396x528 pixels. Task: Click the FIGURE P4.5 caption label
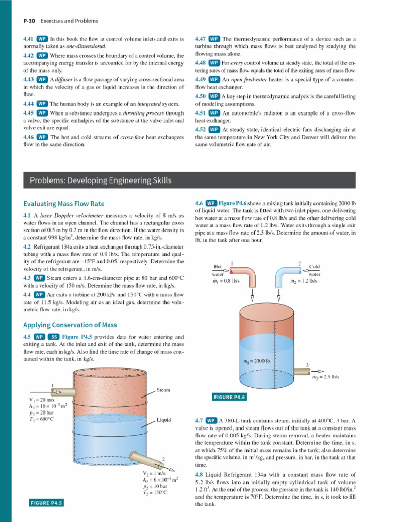[x=46, y=503]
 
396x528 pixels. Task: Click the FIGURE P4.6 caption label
[x=229, y=397]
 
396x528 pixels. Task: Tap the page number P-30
[x=29, y=21]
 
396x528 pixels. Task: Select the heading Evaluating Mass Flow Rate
[x=63, y=204]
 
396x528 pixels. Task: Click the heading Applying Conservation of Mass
[x=70, y=325]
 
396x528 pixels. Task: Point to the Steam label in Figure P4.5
[x=163, y=390]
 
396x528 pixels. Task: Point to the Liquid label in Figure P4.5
[x=163, y=420]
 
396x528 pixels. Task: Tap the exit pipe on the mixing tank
[x=302, y=371]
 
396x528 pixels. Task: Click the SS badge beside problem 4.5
[x=54, y=337]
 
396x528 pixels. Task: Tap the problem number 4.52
[x=201, y=129]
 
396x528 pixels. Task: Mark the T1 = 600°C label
[x=41, y=419]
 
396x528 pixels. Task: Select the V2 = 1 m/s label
[x=154, y=473]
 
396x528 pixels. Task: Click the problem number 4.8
[x=199, y=475]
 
